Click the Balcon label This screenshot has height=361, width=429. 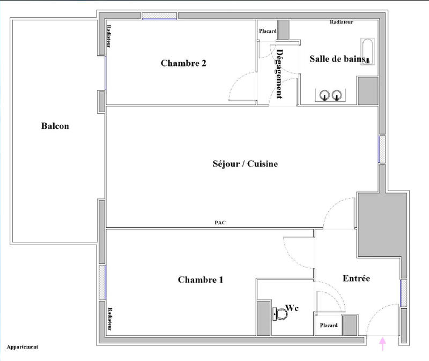(55, 127)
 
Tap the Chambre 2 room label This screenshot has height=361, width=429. (183, 63)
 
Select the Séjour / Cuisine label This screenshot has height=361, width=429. (245, 164)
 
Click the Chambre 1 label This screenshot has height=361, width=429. (201, 279)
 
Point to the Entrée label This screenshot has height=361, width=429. (356, 278)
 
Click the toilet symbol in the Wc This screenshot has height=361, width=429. (280, 314)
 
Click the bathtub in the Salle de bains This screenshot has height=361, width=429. (367, 52)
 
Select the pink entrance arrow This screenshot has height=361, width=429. (382, 343)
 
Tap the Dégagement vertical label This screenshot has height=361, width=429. (279, 74)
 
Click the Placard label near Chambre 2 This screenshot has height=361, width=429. (268, 31)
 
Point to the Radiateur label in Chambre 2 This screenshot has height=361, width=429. (109, 38)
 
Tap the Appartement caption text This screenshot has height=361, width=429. (23, 347)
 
